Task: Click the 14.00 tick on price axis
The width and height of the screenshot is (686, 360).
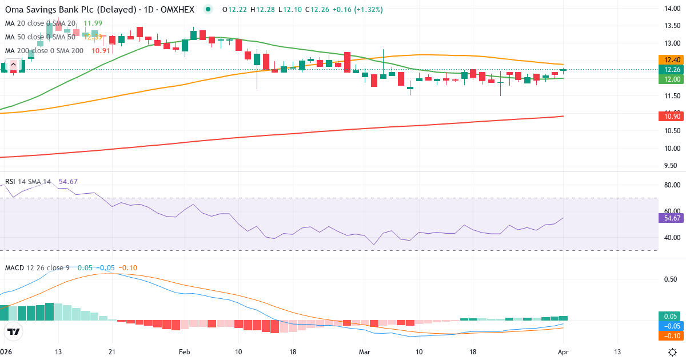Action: point(670,8)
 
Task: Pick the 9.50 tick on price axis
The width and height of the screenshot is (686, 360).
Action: point(670,166)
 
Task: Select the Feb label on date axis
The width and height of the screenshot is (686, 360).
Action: point(184,351)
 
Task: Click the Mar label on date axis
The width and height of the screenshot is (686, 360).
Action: point(365,351)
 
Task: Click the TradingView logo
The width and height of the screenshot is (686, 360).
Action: point(14,331)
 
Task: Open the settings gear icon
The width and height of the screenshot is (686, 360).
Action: point(673,351)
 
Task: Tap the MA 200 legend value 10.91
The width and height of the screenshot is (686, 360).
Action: point(101,50)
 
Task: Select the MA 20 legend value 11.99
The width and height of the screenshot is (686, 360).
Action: point(93,23)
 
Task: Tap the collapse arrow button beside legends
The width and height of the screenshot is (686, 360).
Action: point(13,64)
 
